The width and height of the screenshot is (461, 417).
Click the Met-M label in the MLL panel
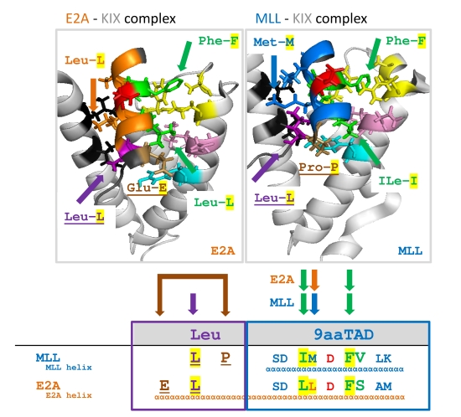point(274,43)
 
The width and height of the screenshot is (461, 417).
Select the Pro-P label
point(319,167)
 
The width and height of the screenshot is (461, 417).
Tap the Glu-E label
point(147,188)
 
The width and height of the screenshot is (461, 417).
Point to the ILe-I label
point(398,181)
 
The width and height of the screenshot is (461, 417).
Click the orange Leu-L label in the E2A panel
point(85,60)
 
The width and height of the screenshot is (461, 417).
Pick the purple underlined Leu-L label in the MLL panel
point(274,198)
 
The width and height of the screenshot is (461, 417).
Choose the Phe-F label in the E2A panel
point(218,41)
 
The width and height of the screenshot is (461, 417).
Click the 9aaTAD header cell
point(338,334)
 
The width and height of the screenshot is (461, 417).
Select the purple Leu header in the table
point(205,334)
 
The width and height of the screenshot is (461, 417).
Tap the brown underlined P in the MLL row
point(225,358)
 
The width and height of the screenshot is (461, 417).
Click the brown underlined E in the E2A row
point(164,386)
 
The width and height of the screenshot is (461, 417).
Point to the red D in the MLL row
point(330,358)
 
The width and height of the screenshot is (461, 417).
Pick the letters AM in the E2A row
point(383,386)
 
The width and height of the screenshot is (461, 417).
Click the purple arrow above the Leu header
point(193,304)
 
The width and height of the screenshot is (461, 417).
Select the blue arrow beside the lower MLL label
point(314,304)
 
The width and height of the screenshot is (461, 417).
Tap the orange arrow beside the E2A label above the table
point(314,281)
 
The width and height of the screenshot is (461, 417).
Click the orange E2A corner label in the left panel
point(223,251)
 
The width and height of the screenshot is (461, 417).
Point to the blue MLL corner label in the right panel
point(410,251)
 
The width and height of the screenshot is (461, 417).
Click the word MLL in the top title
point(268,18)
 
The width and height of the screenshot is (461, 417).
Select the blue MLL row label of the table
point(48,358)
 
